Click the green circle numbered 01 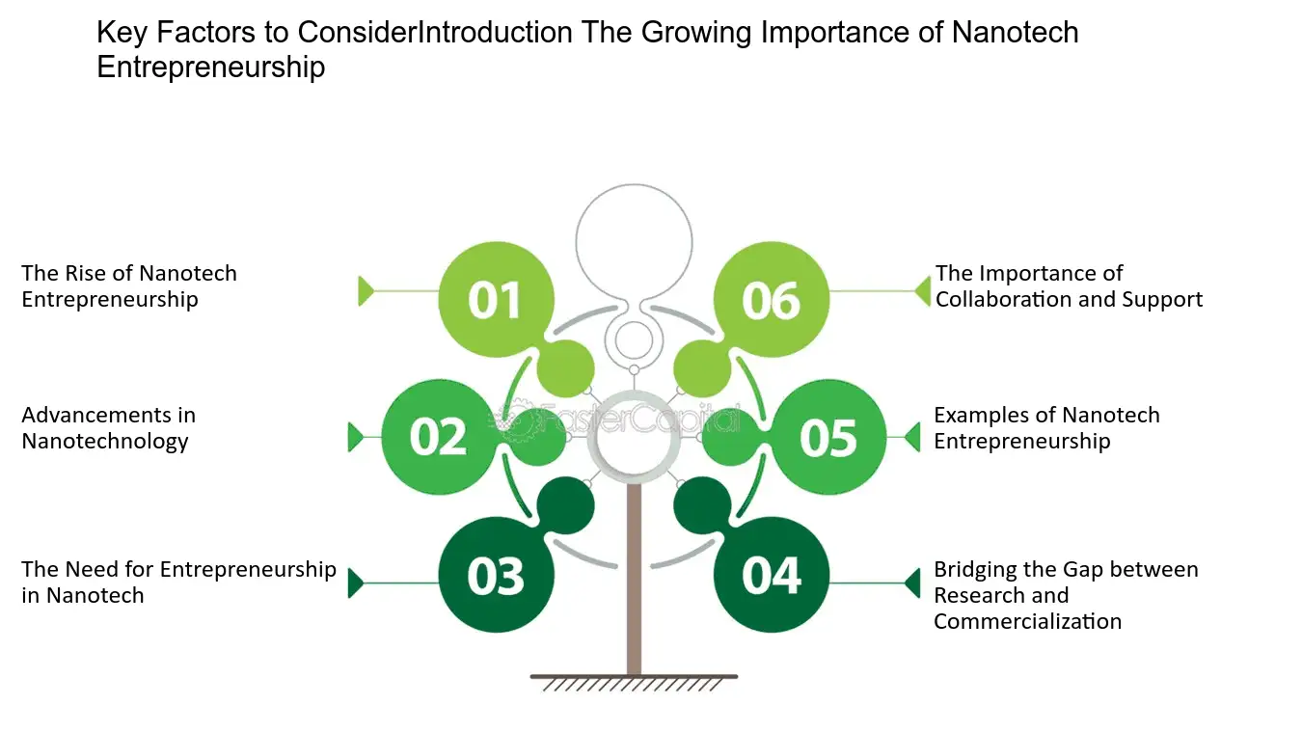(x=496, y=299)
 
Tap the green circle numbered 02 (x=440, y=437)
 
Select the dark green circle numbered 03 (x=496, y=575)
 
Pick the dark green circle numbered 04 (x=772, y=575)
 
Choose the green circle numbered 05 (x=828, y=437)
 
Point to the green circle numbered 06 (x=772, y=299)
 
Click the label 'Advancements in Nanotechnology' (x=109, y=428)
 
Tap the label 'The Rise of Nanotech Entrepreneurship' (x=129, y=286)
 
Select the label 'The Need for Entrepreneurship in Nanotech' (x=179, y=582)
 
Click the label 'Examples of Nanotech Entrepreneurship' (x=1046, y=428)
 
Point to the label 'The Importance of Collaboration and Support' (x=1069, y=286)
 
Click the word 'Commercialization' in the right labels (x=1028, y=621)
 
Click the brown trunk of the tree (x=635, y=579)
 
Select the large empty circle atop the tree (x=635, y=185)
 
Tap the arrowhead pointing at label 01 (x=366, y=291)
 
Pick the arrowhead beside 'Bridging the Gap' (x=912, y=583)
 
